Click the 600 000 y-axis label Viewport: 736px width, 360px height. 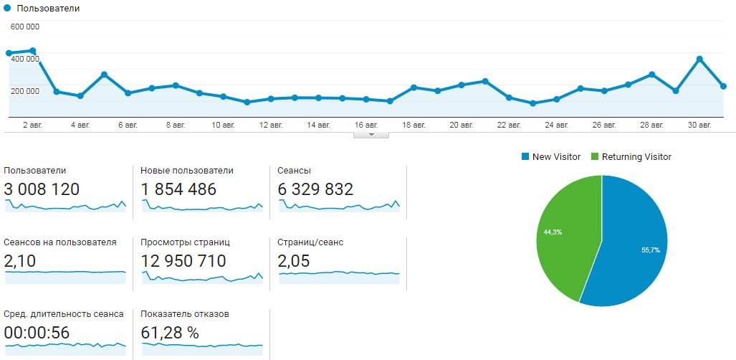point(25,27)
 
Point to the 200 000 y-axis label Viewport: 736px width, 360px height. point(25,90)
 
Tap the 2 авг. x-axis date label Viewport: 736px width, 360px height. point(33,125)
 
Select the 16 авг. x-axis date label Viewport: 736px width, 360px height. point(365,125)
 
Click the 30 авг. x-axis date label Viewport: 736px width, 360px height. point(699,125)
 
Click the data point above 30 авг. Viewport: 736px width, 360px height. point(699,59)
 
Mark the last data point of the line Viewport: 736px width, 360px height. point(723,86)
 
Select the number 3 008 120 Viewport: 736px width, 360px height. point(42,189)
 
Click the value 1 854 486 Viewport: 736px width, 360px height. point(178,189)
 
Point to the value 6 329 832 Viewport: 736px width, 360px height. point(315,189)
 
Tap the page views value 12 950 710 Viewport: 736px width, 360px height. point(184,261)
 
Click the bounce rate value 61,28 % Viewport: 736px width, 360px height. point(170,333)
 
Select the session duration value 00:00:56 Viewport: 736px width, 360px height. point(37,333)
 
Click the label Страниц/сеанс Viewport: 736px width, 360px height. point(310,242)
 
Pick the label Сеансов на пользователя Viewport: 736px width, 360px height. point(60,242)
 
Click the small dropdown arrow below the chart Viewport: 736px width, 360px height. point(371,134)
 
